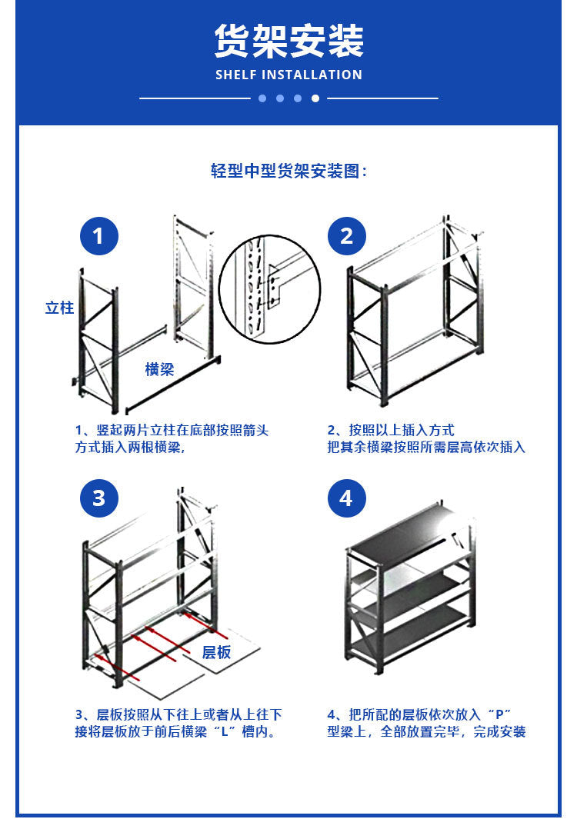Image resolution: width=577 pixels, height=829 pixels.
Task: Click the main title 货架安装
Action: pyautogui.click(x=288, y=40)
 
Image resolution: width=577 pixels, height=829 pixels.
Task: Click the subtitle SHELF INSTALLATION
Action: pyautogui.click(x=288, y=75)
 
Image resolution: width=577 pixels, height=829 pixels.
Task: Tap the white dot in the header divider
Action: pyautogui.click(x=315, y=98)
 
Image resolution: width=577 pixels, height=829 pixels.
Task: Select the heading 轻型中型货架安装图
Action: pyautogui.click(x=288, y=171)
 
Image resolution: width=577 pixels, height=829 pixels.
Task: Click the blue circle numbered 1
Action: pyautogui.click(x=98, y=236)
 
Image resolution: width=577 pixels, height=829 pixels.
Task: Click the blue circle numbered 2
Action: pyautogui.click(x=346, y=236)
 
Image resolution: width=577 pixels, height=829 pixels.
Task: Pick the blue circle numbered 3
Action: pyautogui.click(x=98, y=498)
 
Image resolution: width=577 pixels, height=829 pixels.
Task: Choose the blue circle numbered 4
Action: pyautogui.click(x=346, y=498)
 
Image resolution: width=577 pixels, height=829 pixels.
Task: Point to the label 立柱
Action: pyautogui.click(x=59, y=308)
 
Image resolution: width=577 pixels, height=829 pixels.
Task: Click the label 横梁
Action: pyautogui.click(x=159, y=370)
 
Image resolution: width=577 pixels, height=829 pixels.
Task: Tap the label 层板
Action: pyautogui.click(x=216, y=652)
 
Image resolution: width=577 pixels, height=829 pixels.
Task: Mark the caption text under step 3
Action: pyautogui.click(x=177, y=723)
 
